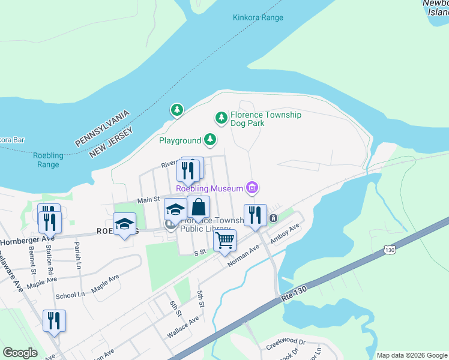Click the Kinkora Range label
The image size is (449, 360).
(x=258, y=17)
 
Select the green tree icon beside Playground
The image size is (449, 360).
(x=209, y=140)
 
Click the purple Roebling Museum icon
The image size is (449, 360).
(x=253, y=188)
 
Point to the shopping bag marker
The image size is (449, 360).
(x=198, y=208)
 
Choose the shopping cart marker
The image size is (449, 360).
(x=224, y=241)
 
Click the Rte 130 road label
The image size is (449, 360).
(x=294, y=294)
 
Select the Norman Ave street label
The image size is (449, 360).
(x=243, y=256)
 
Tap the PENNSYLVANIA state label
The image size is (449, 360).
(x=102, y=127)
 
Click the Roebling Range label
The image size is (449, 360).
(x=48, y=160)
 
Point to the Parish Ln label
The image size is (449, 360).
(x=77, y=248)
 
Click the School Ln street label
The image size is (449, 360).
(x=70, y=295)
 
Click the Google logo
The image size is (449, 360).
(x=20, y=353)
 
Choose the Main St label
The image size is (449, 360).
(x=148, y=199)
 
